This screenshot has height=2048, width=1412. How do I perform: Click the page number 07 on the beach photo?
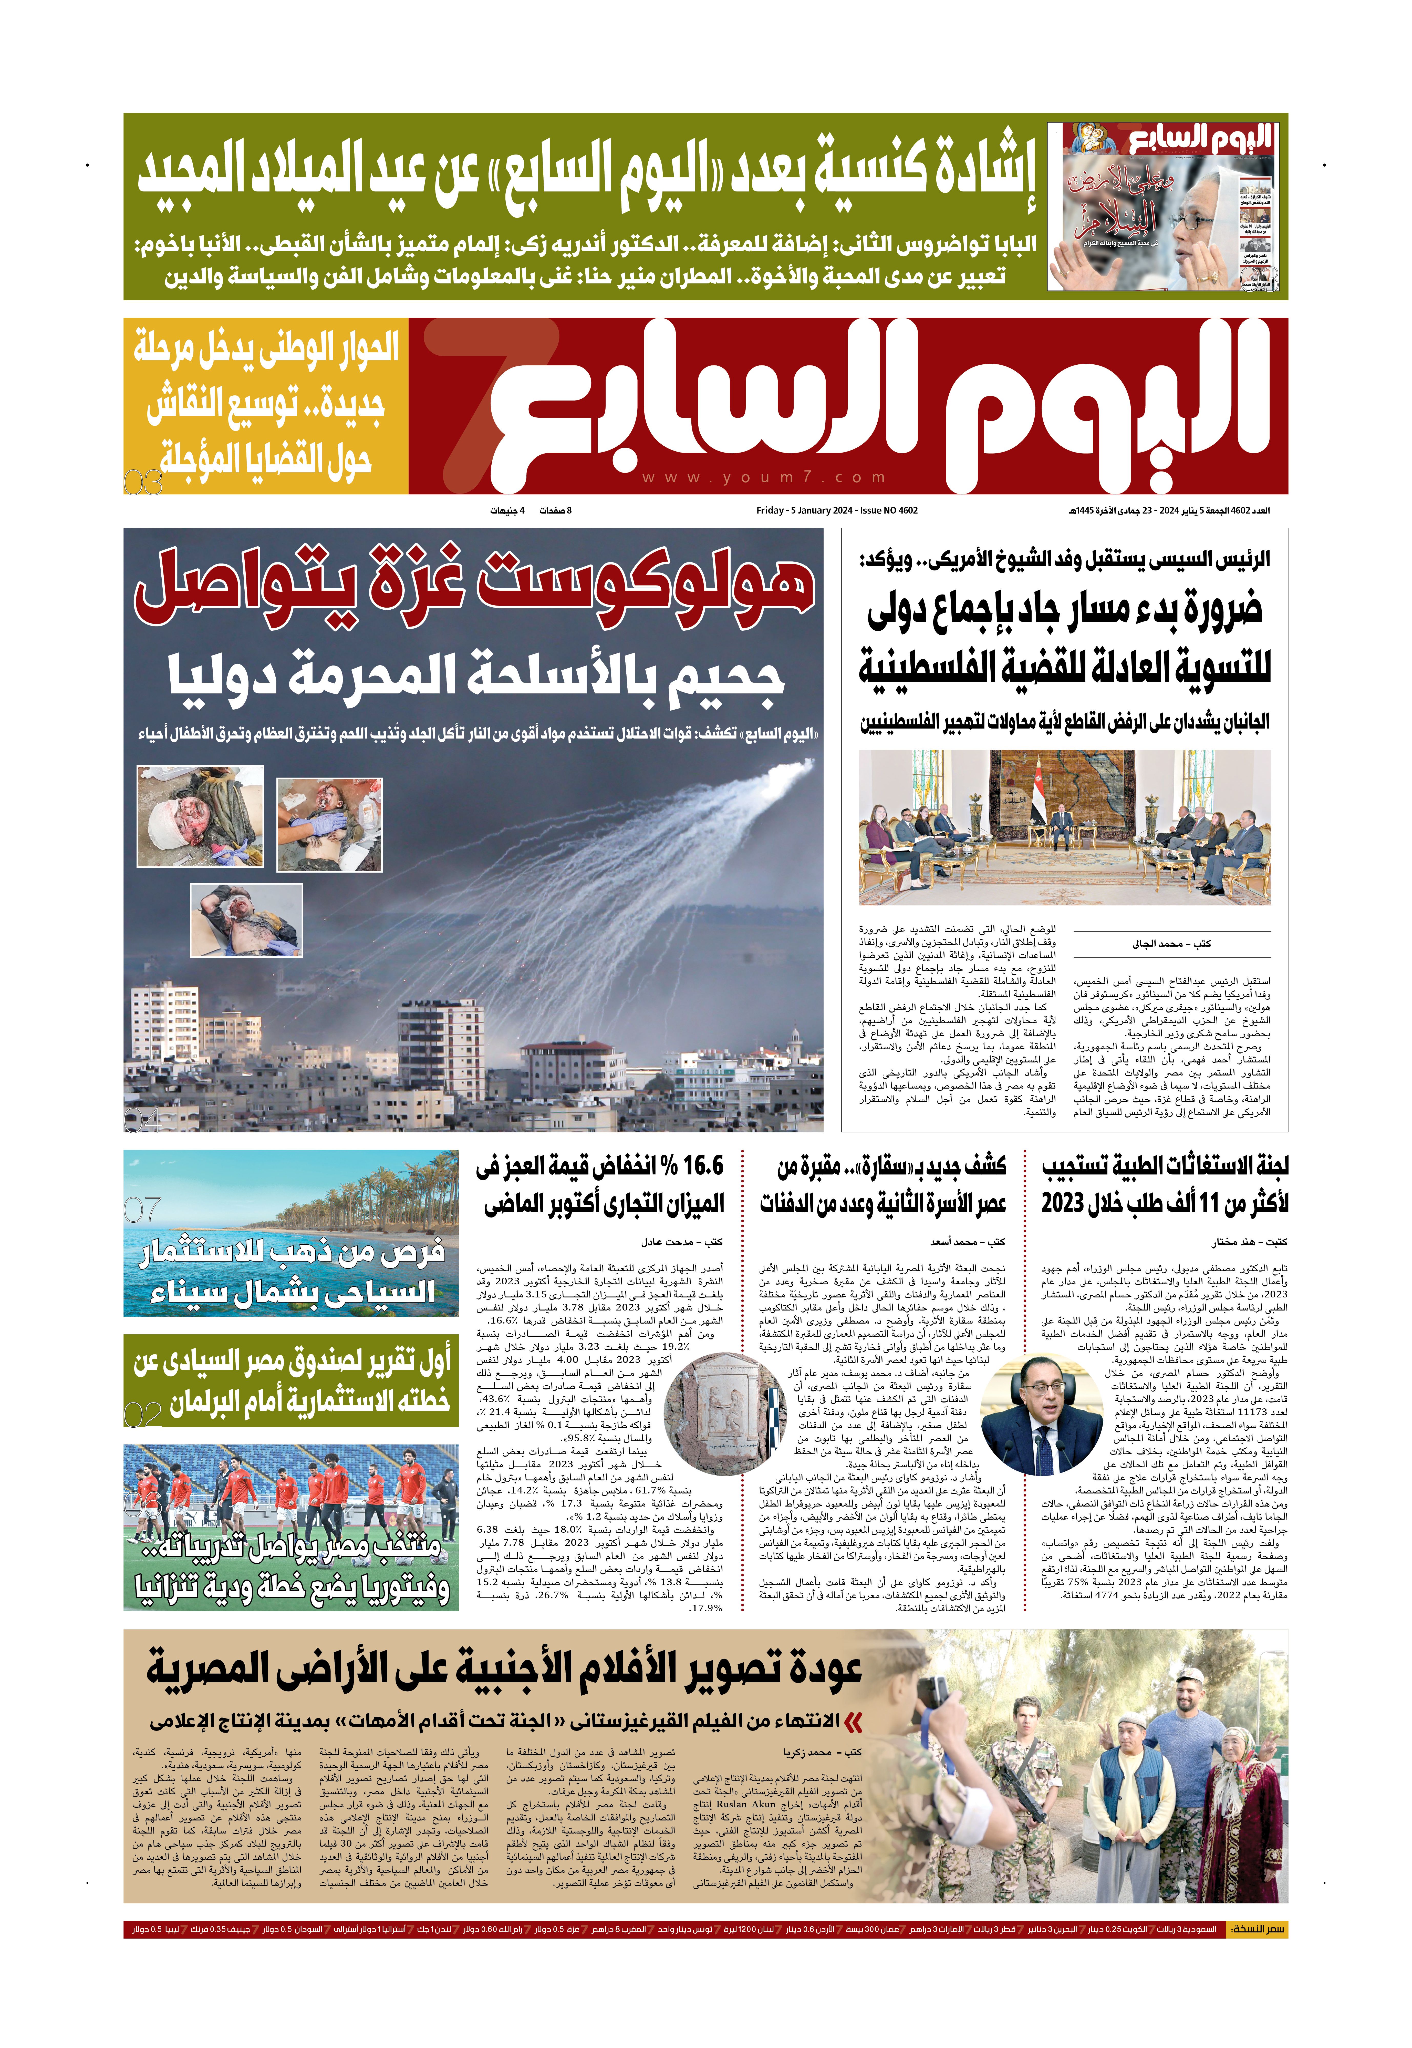click(x=143, y=1210)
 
